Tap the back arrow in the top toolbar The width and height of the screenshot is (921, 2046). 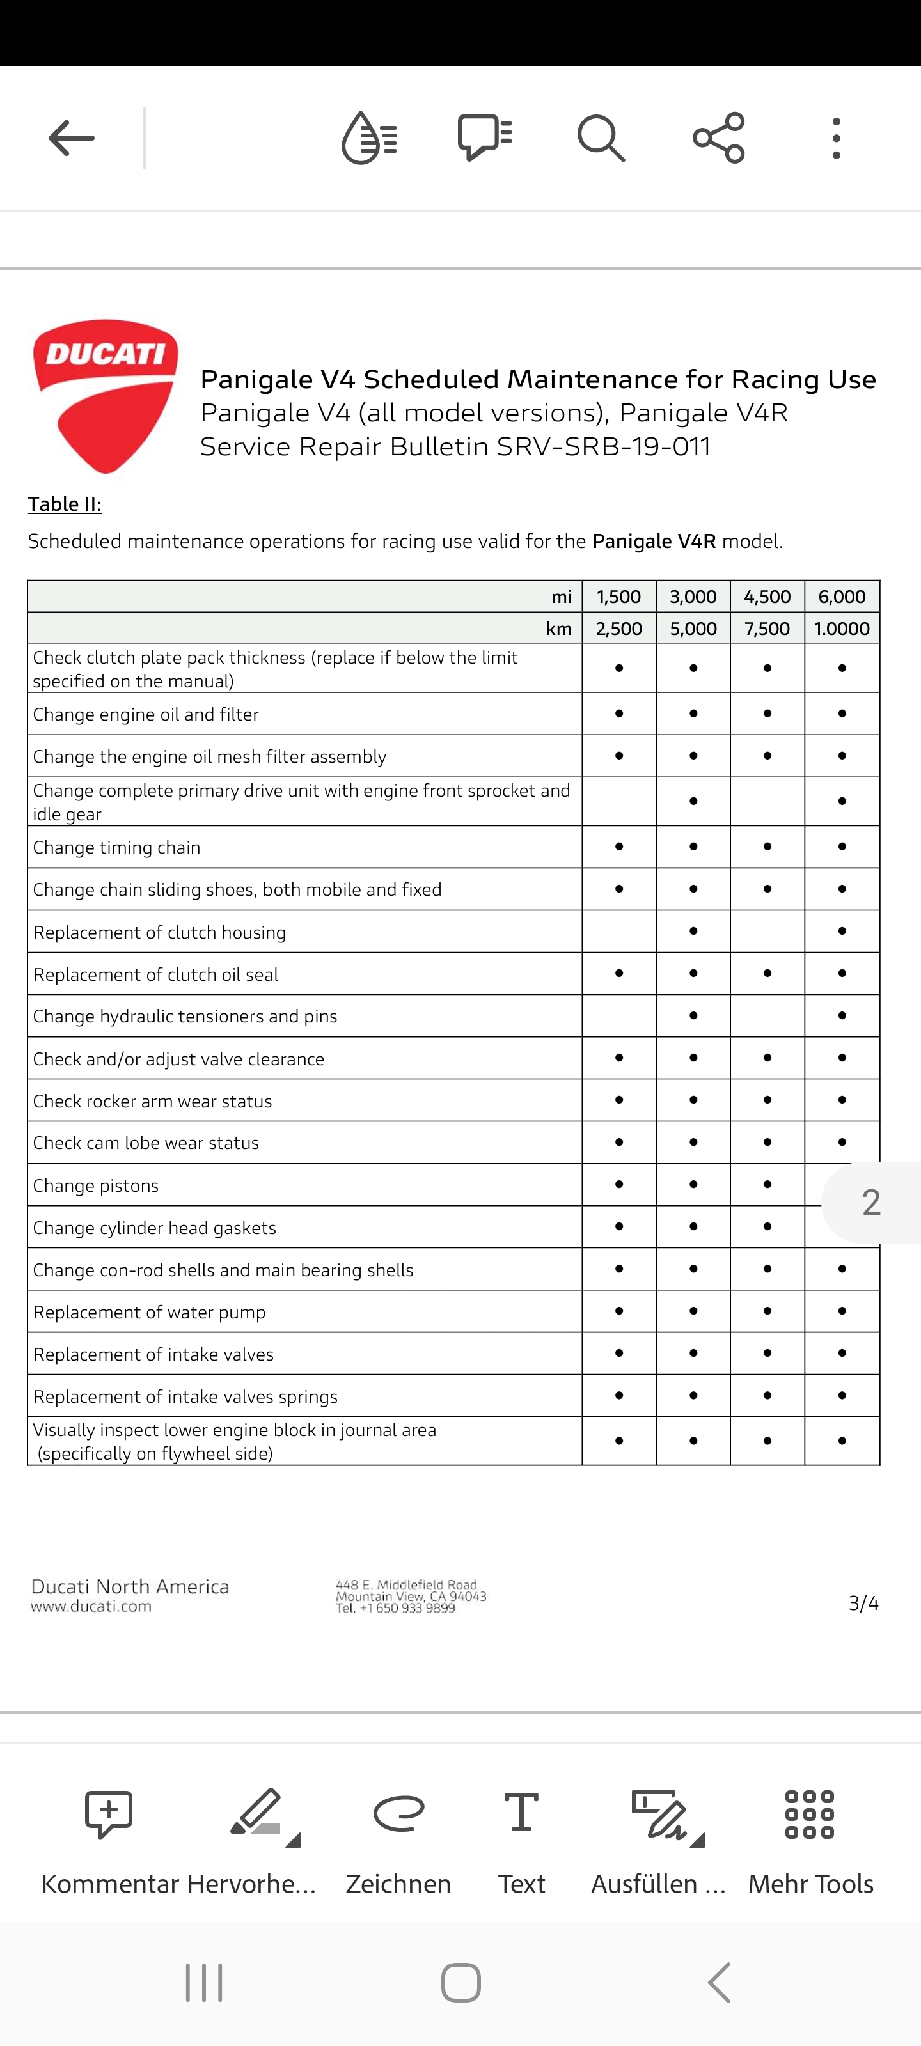click(x=72, y=138)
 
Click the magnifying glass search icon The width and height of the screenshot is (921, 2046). click(x=601, y=138)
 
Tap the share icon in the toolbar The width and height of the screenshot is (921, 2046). click(x=718, y=138)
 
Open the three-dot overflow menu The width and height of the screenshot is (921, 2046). click(x=836, y=138)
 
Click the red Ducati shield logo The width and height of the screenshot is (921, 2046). click(x=106, y=396)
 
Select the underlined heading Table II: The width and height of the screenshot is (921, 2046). click(x=65, y=504)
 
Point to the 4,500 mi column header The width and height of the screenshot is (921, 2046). click(x=767, y=597)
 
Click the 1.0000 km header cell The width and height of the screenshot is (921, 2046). click(x=842, y=629)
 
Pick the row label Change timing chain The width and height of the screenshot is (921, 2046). click(x=117, y=847)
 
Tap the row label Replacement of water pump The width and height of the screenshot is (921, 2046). click(x=150, y=1312)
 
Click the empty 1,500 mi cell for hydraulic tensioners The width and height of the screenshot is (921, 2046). click(x=619, y=1016)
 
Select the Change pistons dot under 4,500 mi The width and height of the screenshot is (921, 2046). click(x=767, y=1184)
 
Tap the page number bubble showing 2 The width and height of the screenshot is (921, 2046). click(x=871, y=1203)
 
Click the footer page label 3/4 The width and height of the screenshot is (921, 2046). click(x=863, y=1603)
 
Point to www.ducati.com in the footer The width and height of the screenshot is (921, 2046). click(x=91, y=1606)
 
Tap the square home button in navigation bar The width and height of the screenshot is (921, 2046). click(x=461, y=1983)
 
